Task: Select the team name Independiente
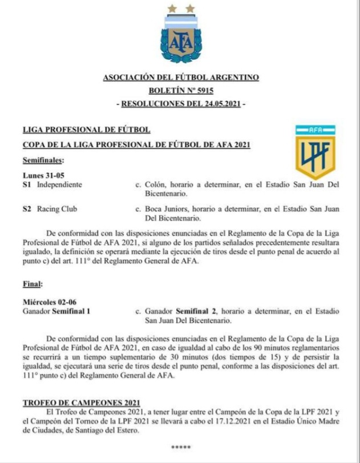(59, 185)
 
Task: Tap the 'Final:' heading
(33, 284)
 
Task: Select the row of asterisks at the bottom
(180, 447)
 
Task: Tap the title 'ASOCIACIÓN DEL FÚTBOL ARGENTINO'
(180, 77)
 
